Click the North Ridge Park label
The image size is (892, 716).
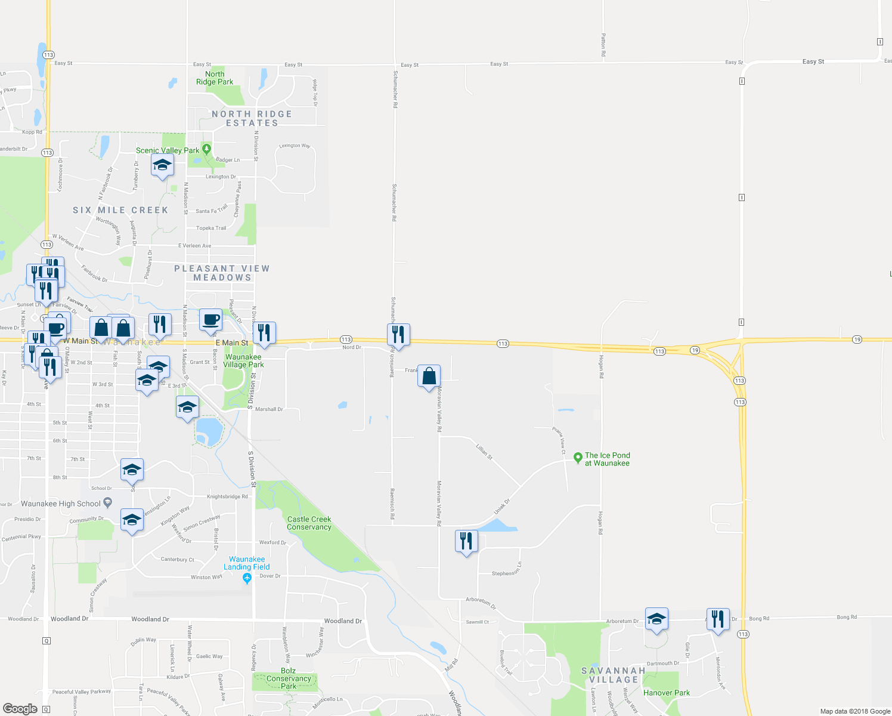click(215, 78)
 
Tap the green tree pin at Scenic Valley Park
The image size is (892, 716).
click(206, 149)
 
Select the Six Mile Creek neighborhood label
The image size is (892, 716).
click(120, 210)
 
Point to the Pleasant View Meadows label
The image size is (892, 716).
click(222, 273)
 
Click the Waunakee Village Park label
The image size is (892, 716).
click(243, 361)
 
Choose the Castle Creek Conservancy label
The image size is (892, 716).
click(309, 523)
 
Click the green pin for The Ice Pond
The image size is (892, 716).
click(577, 458)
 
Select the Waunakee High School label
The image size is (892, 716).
click(61, 504)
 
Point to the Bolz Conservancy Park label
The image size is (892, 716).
click(289, 678)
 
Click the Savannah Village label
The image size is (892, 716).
click(614, 675)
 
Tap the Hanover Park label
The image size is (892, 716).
click(667, 693)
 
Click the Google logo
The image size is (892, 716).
click(20, 709)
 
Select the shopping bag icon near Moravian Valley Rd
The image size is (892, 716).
click(429, 376)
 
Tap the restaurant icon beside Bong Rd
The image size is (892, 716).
click(718, 619)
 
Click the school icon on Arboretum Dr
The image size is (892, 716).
click(656, 619)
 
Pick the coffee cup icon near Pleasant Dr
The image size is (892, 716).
click(210, 320)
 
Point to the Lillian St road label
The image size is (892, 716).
click(484, 452)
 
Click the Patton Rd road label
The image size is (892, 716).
click(603, 45)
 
